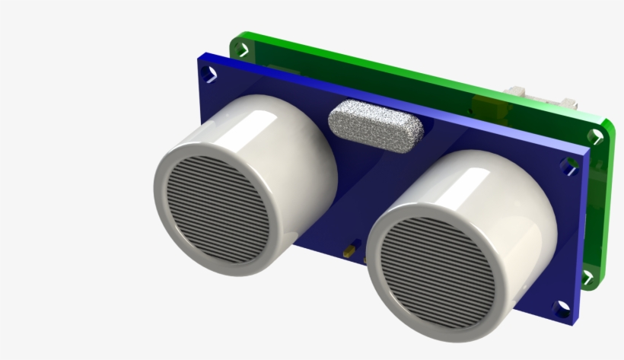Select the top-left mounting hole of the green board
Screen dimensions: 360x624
point(242,50)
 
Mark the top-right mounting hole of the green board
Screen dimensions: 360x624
point(594,136)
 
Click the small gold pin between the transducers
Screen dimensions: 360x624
point(349,250)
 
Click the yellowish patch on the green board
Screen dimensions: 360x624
point(482,107)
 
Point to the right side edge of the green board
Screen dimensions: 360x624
point(608,198)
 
